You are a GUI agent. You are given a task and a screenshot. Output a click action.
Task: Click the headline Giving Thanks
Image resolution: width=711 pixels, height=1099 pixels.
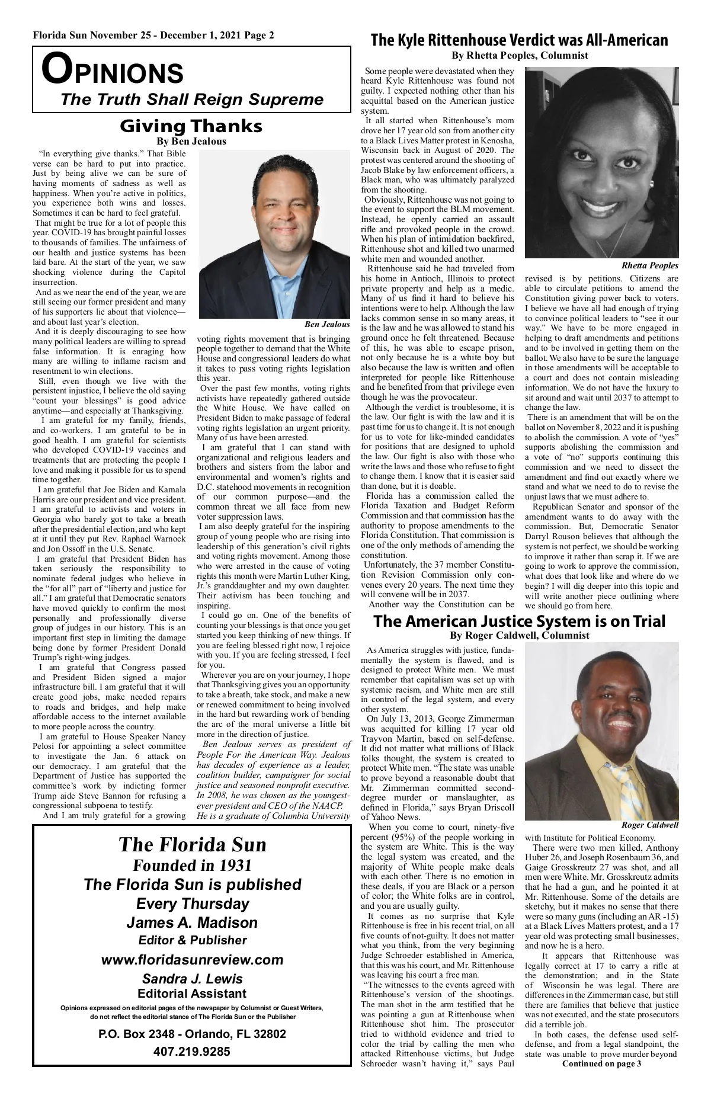[191, 126]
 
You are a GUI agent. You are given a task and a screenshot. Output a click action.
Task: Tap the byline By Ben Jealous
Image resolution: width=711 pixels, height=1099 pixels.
[191, 142]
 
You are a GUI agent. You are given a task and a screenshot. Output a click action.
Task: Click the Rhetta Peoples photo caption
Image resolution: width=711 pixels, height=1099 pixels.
[650, 265]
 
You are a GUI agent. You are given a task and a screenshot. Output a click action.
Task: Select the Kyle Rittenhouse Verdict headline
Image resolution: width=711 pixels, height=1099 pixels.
[519, 40]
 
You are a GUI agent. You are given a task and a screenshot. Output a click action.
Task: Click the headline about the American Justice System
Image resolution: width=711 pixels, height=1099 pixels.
[519, 621]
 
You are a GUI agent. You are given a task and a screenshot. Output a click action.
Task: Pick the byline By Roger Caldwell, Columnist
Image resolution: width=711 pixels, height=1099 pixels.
[519, 636]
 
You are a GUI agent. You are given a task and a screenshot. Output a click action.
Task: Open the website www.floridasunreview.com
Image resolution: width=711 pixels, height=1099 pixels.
[193, 960]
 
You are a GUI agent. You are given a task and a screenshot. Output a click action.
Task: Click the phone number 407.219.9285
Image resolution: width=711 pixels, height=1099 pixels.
[192, 1052]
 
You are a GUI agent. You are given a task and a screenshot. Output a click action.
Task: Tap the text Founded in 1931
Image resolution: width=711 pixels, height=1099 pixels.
[193, 866]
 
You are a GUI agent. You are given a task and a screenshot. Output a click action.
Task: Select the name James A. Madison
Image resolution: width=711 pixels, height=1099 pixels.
[193, 922]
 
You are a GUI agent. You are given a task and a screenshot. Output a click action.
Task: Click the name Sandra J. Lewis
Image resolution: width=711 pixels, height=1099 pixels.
[193, 979]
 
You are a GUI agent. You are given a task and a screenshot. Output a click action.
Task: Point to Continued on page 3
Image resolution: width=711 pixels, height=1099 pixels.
[601, 1080]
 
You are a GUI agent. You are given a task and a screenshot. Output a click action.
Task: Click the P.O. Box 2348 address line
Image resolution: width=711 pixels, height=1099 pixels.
[192, 1034]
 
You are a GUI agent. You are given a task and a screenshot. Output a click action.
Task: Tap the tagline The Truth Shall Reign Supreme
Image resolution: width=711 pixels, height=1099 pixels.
[192, 99]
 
